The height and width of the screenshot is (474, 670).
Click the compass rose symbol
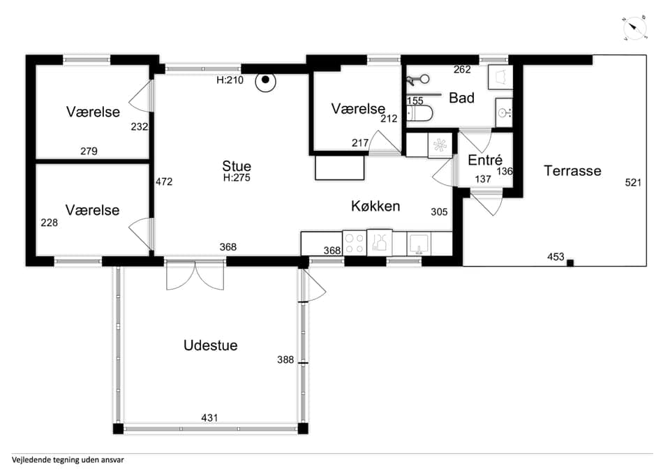(634, 28)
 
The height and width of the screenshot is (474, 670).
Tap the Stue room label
(237, 166)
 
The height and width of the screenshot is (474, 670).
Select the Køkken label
(375, 206)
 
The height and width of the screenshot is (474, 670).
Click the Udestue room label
(210, 346)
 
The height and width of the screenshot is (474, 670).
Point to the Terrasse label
(572, 171)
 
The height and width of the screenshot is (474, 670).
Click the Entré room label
(485, 160)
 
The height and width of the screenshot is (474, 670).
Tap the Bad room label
(461, 98)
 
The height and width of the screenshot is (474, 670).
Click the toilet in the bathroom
(419, 114)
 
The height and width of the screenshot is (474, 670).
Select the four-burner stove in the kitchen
(355, 243)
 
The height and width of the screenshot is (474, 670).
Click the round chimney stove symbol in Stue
(265, 80)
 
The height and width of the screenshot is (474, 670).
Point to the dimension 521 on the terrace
(633, 182)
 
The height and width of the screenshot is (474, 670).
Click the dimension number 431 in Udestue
(209, 417)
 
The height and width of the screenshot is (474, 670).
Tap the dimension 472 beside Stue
(164, 182)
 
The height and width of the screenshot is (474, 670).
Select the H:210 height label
(230, 80)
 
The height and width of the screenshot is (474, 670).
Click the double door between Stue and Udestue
(195, 275)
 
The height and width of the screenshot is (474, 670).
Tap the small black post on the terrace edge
(570, 263)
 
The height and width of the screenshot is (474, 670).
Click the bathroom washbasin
(504, 112)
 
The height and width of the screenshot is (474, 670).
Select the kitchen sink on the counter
(419, 244)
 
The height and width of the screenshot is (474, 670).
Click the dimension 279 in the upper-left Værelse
(89, 151)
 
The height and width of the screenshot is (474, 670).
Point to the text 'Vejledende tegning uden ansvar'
(68, 460)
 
